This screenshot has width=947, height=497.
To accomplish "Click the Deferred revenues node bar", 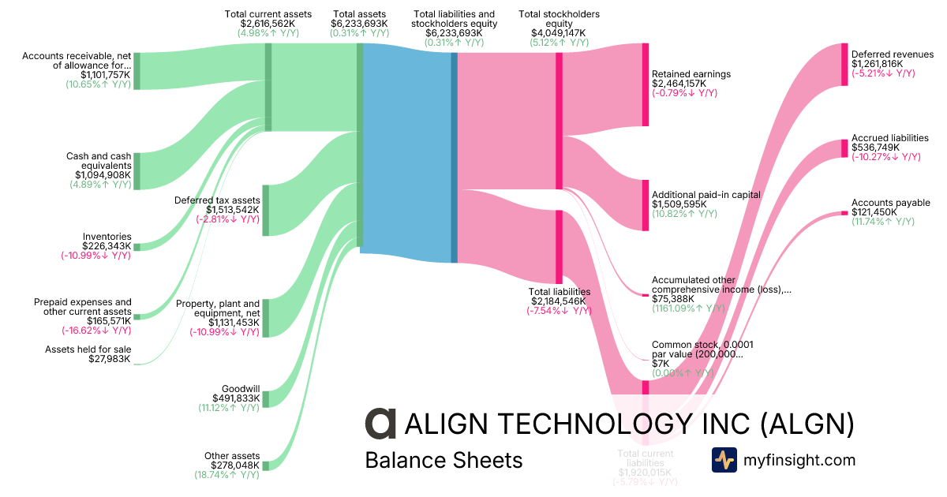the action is [844, 65].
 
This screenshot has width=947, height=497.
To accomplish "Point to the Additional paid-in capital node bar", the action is [645, 205].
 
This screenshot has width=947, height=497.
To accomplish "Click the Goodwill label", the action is [241, 389].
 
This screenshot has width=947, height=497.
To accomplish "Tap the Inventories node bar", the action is [137, 247].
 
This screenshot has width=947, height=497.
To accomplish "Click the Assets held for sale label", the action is [88, 349].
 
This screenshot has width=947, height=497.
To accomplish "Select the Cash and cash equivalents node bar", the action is [137, 171].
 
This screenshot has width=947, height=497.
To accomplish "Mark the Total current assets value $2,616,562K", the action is [268, 24].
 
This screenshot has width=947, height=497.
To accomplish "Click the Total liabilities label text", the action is [559, 292].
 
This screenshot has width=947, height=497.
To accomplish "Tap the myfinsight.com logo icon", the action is [724, 459].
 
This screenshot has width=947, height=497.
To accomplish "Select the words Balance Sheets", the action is [444, 459].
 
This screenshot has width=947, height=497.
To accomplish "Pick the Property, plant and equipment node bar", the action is [266, 318].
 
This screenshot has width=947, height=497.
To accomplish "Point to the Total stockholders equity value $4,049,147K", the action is [559, 33].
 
